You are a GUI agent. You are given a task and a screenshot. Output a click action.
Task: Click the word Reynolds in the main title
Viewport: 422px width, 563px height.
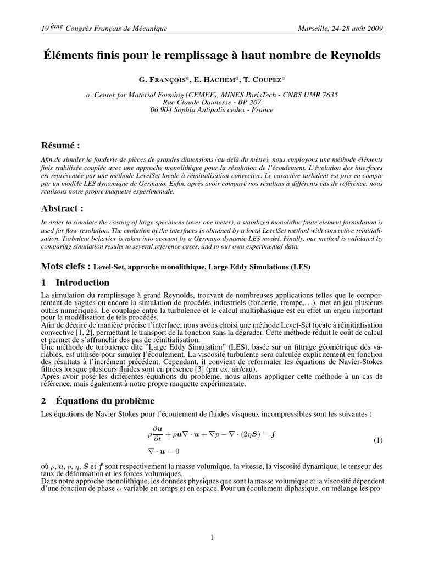click(x=349, y=56)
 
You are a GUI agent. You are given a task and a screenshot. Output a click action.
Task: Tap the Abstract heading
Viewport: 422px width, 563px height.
click(x=63, y=208)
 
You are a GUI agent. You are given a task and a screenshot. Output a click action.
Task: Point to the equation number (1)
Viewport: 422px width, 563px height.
click(x=378, y=440)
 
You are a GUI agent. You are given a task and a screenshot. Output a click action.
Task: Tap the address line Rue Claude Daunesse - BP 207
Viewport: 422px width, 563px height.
click(x=212, y=102)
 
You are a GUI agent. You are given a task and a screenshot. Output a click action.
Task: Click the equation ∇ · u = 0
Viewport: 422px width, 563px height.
click(x=163, y=451)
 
